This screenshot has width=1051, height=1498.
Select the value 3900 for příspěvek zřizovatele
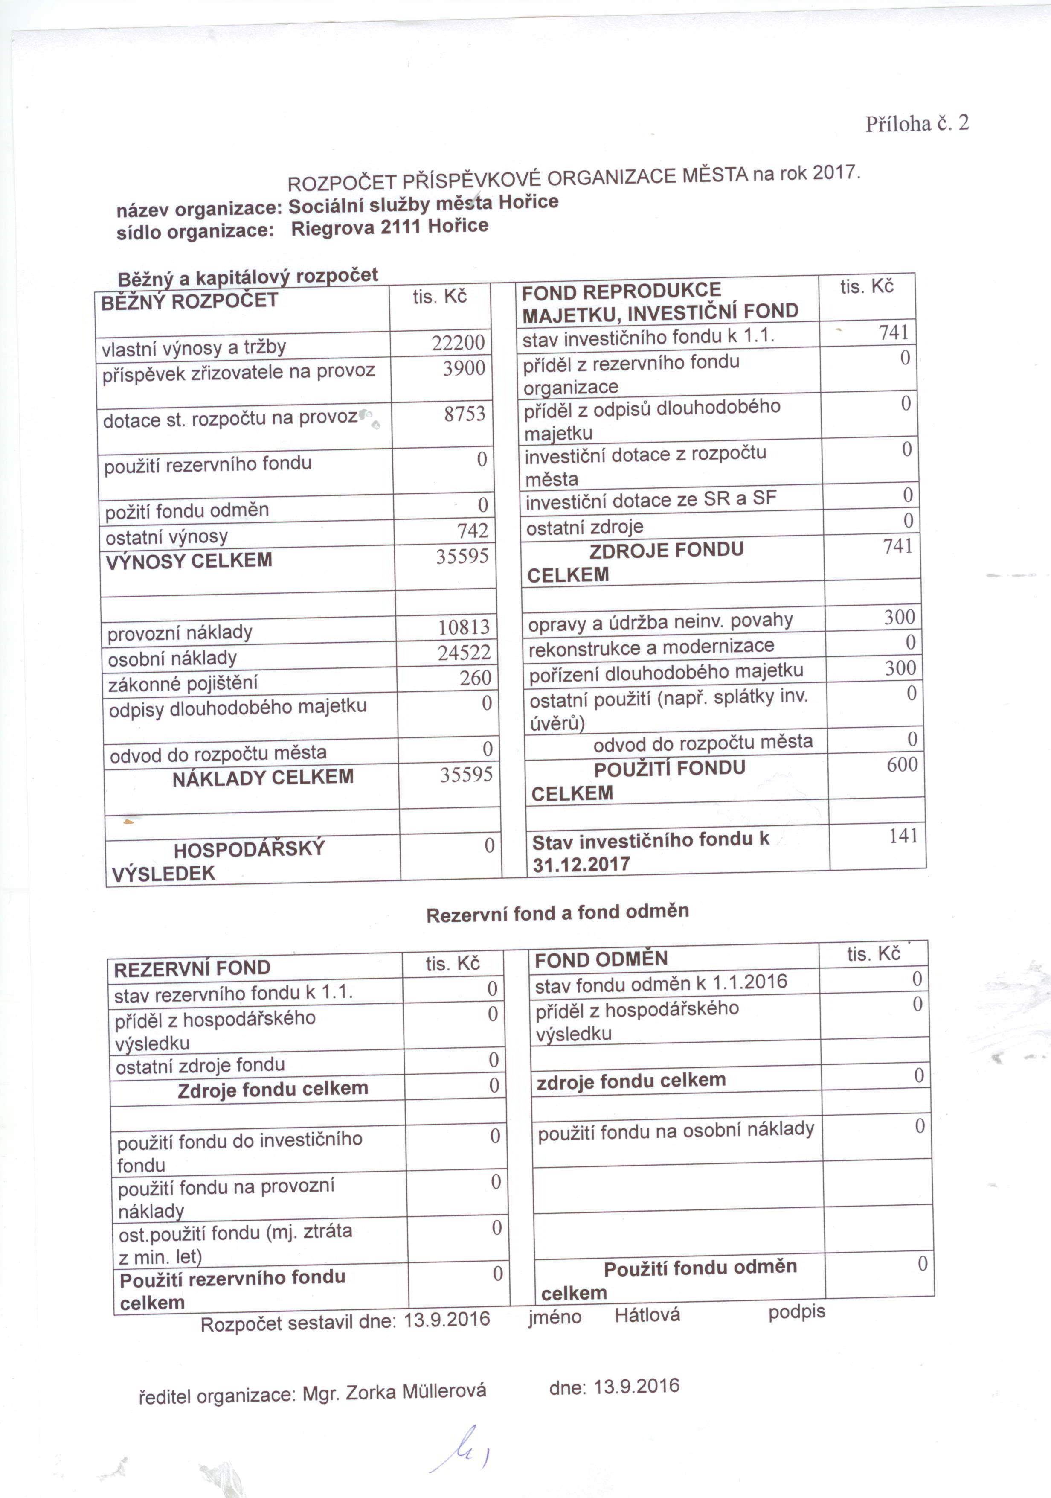464,369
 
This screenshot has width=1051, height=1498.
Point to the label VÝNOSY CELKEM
189,560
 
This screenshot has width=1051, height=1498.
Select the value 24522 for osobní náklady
464,653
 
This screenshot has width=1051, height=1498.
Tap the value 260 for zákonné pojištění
475,678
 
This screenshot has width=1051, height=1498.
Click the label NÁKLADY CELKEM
263,777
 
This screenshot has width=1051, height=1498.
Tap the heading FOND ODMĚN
601,959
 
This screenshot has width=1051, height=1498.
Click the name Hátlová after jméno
647,1314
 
